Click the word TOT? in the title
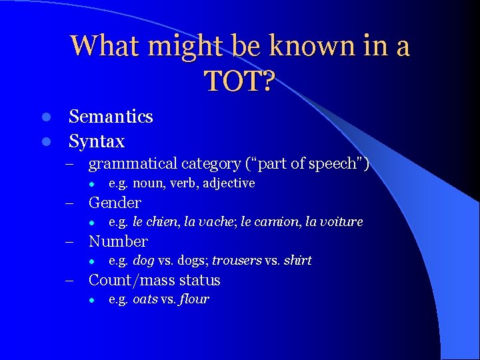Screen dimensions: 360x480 (x=239, y=81)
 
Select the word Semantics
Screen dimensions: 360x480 (x=111, y=117)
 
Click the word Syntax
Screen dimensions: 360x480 (x=97, y=141)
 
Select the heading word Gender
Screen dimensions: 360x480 (x=115, y=203)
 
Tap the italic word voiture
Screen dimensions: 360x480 (x=341, y=222)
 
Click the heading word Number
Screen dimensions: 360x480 (x=118, y=241)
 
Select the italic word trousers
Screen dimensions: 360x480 (x=237, y=261)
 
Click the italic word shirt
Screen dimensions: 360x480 (x=297, y=261)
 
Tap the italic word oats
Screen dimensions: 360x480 (x=145, y=299)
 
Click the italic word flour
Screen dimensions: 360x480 (x=194, y=299)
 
